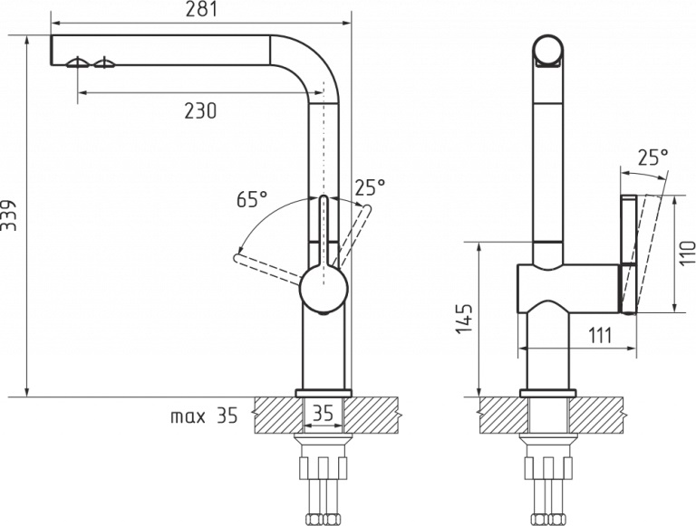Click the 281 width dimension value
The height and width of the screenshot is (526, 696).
pos(201,10)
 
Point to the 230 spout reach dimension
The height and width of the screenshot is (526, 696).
pos(200,110)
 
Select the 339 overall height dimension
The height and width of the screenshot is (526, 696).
pos(8,215)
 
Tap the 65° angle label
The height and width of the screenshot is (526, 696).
pos(252,199)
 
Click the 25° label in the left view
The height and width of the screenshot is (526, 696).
pos(370,187)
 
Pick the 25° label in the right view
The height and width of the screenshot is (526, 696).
pos(652,157)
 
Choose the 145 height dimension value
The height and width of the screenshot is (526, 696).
pos(464,319)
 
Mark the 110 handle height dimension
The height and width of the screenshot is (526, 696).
pos(688,253)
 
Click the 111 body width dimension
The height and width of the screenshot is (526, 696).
pos(600,336)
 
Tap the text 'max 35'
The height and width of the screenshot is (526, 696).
pos(204,416)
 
